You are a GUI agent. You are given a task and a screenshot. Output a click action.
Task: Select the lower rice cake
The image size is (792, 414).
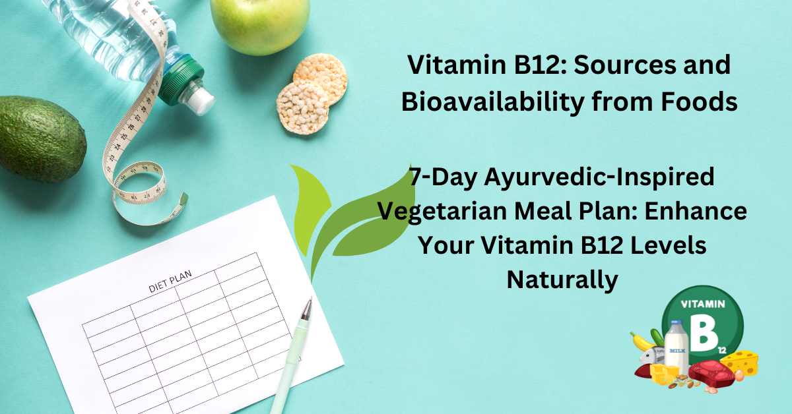point(303,106)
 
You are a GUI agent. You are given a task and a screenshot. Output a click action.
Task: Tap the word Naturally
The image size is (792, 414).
point(562,280)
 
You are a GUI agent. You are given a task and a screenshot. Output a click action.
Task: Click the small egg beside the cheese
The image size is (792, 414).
point(739,375)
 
